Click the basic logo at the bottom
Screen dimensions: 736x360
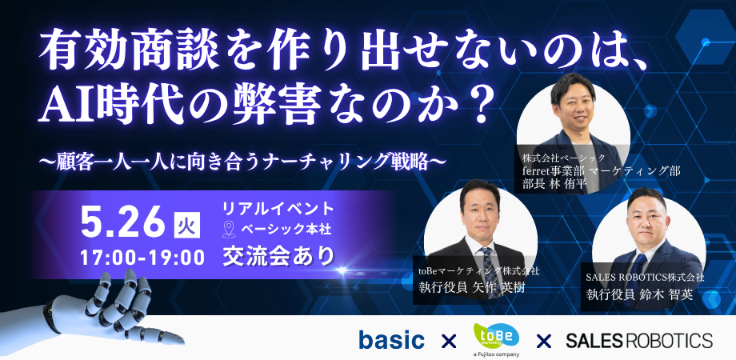click(391, 340)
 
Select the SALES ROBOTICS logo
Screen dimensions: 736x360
click(639, 340)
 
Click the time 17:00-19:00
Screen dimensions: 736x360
click(142, 258)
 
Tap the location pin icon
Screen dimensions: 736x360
click(229, 229)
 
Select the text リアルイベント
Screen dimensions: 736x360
click(278, 208)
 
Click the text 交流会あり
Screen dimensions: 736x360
click(278, 257)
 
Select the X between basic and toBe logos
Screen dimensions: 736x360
click(449, 341)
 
